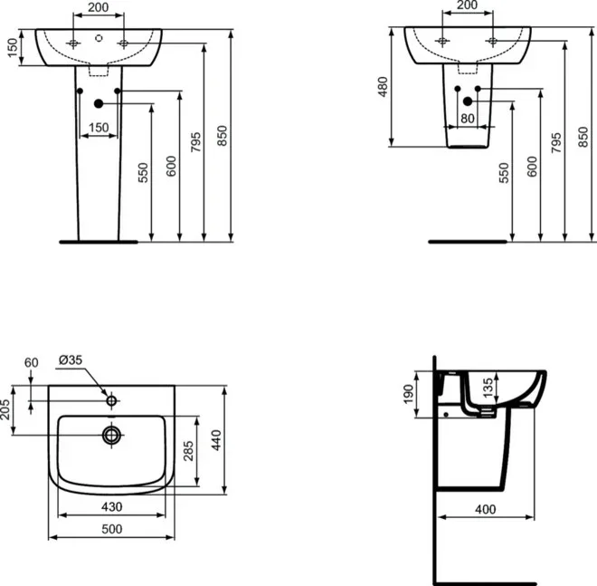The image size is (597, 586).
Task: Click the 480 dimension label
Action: pyautogui.click(x=383, y=86)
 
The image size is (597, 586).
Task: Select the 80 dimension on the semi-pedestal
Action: pyautogui.click(x=467, y=117)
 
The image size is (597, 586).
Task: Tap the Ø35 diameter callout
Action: pyautogui.click(x=71, y=360)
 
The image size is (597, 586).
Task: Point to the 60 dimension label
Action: pyautogui.click(x=32, y=363)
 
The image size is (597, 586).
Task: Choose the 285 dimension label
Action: pyautogui.click(x=188, y=451)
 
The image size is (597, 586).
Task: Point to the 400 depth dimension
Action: pyautogui.click(x=486, y=510)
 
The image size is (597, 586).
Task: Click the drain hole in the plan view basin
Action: pyautogui.click(x=111, y=435)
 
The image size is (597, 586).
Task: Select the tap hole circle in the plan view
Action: pyautogui.click(x=111, y=400)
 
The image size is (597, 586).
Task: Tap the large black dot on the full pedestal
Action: pyautogui.click(x=99, y=104)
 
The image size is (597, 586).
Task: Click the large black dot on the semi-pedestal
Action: pyautogui.click(x=468, y=102)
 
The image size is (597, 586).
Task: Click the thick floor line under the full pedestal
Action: pyautogui.click(x=98, y=243)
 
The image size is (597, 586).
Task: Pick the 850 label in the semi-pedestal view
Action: pyautogui.click(x=583, y=139)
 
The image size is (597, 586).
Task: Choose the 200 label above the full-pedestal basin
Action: pyautogui.click(x=99, y=7)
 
